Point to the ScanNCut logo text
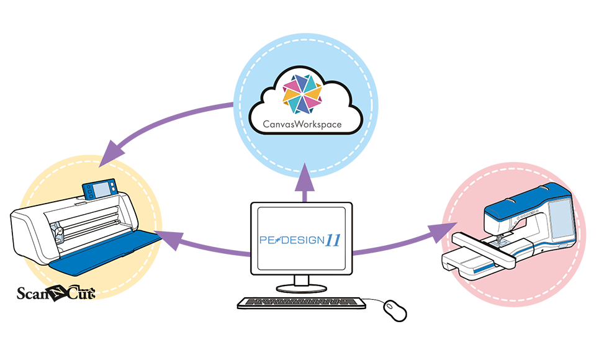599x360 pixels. click(56, 292)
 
